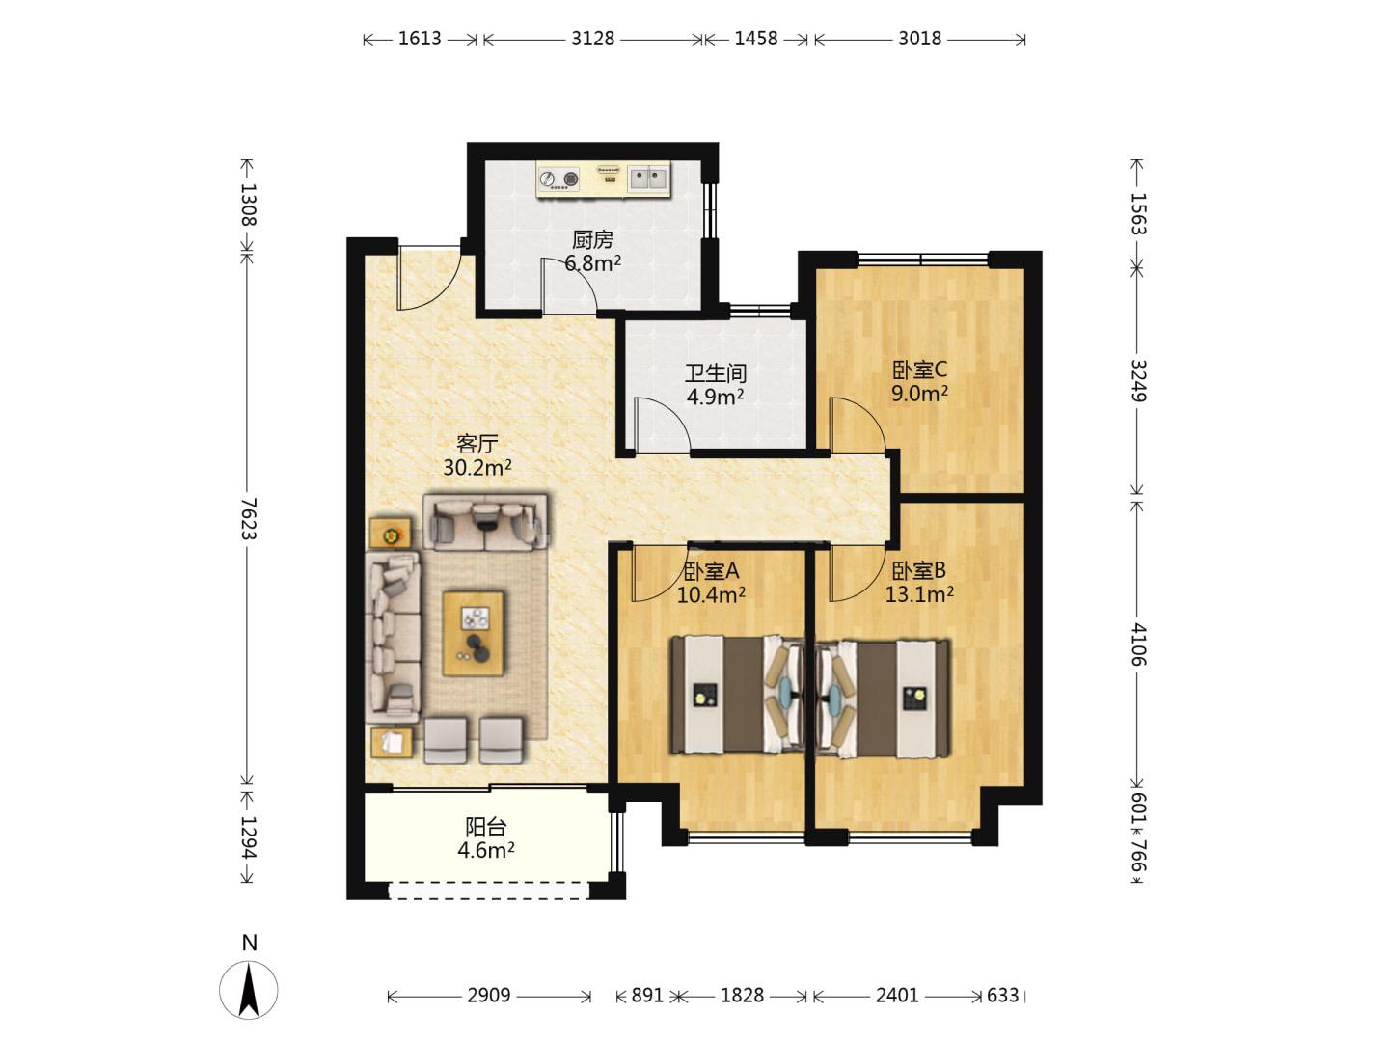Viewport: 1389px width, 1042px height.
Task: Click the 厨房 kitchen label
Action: tap(592, 240)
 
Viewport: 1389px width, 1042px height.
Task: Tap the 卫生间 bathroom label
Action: tap(715, 373)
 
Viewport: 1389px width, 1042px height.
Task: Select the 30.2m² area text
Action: tap(477, 468)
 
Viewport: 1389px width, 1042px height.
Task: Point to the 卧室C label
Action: tap(919, 370)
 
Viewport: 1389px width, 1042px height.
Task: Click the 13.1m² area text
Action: tap(919, 594)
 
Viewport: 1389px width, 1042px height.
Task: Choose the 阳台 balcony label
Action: tap(486, 827)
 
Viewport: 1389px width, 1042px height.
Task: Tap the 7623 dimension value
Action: tap(249, 518)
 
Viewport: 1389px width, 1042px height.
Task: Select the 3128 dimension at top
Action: tap(593, 39)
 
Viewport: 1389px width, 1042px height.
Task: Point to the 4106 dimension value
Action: tap(1138, 644)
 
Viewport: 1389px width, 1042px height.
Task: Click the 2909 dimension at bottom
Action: tap(488, 996)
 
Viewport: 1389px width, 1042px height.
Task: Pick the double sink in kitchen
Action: tap(648, 178)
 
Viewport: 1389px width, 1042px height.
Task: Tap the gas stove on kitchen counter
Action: tap(559, 179)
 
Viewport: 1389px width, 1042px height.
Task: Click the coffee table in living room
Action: tap(474, 633)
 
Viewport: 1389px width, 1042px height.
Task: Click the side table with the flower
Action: tap(391, 534)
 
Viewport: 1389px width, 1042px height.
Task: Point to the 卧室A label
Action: tap(711, 571)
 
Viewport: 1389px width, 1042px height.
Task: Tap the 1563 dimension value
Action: tap(1138, 214)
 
